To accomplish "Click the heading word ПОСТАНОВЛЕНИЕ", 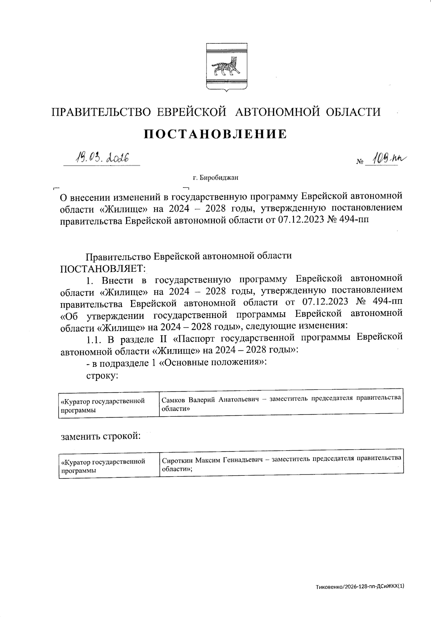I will [x=215, y=134].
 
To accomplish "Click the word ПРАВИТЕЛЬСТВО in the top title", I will [x=101, y=112].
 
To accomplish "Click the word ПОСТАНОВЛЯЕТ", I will [x=103, y=268].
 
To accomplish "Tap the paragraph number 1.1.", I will [x=94, y=338].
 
